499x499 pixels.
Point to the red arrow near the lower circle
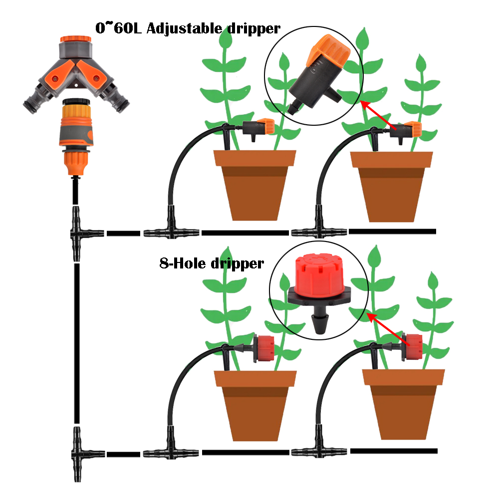(387, 329)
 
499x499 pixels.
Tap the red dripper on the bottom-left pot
(263, 347)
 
